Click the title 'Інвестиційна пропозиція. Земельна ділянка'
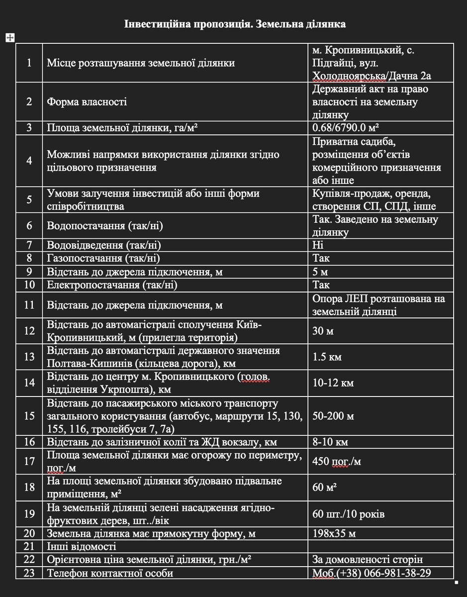click(x=235, y=24)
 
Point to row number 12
click(x=29, y=331)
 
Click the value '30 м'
click(x=323, y=331)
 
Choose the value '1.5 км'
click(x=327, y=357)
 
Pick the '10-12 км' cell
click(x=333, y=383)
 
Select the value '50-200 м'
click(x=333, y=416)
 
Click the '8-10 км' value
click(x=330, y=442)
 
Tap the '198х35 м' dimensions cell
click(x=334, y=534)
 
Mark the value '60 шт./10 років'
click(x=348, y=514)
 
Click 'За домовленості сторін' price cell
click(x=368, y=560)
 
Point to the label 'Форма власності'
click(x=87, y=102)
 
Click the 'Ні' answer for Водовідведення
click(x=318, y=245)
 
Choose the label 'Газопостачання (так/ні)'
click(x=103, y=258)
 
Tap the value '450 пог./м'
click(x=337, y=462)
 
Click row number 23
click(x=29, y=573)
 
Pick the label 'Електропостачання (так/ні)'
click(x=112, y=285)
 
